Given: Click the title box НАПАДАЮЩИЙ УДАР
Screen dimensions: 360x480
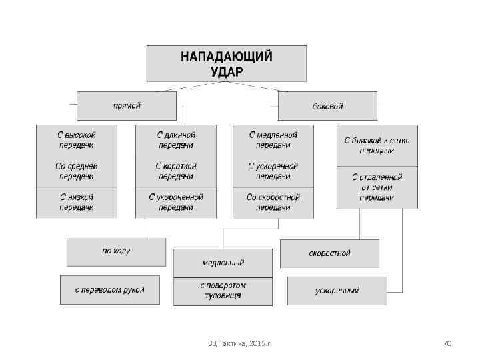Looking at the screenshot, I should click(227, 63).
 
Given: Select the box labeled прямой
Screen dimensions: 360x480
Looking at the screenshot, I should click(127, 105).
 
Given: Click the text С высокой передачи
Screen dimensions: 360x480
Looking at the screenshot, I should click(77, 139).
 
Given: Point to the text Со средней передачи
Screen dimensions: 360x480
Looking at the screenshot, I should click(77, 171).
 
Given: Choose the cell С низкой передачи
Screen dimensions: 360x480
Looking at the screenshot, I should click(77, 202).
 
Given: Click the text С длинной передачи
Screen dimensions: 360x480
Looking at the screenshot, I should click(176, 139).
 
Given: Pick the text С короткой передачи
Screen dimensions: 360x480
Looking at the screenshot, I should click(176, 171).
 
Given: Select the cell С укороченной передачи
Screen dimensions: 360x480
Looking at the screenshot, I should click(176, 202).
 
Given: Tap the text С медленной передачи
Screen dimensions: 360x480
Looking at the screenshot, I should click(273, 139).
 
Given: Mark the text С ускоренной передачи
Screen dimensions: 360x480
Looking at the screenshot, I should click(273, 171).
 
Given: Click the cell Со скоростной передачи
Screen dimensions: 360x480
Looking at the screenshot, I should click(273, 202).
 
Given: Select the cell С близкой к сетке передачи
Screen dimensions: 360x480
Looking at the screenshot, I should click(377, 145).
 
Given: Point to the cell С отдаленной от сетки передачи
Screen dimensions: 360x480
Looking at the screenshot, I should click(377, 187).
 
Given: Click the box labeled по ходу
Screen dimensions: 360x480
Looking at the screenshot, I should click(116, 251).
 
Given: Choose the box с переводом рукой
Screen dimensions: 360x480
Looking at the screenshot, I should click(109, 290).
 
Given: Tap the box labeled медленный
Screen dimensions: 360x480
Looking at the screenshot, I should click(223, 263).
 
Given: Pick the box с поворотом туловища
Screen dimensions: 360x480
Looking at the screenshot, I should click(223, 291).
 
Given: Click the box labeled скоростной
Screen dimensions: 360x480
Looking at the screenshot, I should click(329, 253).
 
